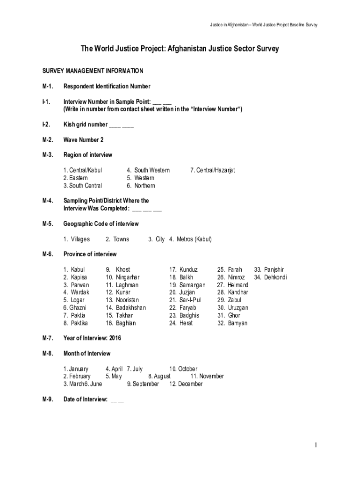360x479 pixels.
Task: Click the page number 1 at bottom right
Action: click(x=316, y=445)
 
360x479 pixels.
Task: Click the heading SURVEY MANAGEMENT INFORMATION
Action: click(x=93, y=71)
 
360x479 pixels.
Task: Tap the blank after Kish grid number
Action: click(x=122, y=125)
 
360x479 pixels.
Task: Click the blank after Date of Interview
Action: click(x=117, y=400)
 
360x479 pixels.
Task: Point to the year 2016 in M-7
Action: click(x=115, y=338)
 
